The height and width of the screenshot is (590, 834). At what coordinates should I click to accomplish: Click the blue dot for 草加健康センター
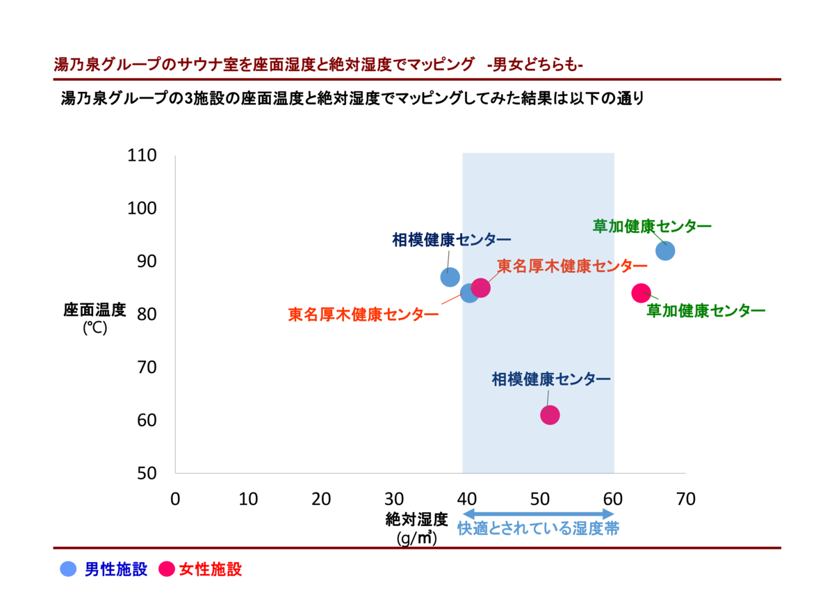pos(665,250)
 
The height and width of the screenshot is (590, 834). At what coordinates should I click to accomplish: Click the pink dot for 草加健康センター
pos(641,293)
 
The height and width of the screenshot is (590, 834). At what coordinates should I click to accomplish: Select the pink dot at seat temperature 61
pos(550,415)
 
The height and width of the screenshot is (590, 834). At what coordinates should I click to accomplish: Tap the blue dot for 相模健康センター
pos(450,276)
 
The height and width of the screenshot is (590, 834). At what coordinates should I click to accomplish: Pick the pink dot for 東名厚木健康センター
pos(480,287)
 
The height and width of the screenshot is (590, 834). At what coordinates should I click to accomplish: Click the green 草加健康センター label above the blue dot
pos(651,226)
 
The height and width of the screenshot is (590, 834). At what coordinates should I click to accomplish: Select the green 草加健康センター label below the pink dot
pos(705,311)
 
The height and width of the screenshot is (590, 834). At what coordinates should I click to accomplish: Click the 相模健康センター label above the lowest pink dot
pos(550,379)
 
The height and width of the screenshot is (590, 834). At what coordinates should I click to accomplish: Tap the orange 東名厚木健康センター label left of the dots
pos(363,314)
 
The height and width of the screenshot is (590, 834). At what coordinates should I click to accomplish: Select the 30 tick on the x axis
pos(394,499)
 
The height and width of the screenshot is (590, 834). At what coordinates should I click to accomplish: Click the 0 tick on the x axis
pos(175,499)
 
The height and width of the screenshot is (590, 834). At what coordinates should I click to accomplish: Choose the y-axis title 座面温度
pos(95,310)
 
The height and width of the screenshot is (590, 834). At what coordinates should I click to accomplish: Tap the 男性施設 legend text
pos(116,569)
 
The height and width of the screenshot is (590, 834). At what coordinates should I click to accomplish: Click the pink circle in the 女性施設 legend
pos(167,569)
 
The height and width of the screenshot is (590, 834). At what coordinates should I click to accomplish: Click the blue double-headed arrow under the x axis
pos(537,513)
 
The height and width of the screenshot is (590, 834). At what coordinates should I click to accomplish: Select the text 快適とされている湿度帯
pos(538,529)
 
